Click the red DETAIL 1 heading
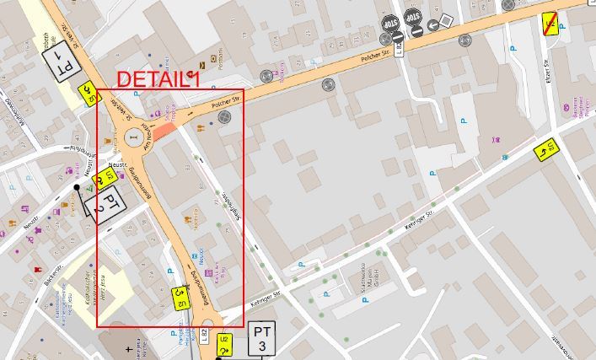[x=158, y=79]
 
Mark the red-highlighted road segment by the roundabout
[x=164, y=132]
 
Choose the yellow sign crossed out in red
[x=550, y=24]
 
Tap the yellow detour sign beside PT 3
[x=225, y=344]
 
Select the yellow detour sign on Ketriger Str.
[x=546, y=150]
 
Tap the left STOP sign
[x=390, y=23]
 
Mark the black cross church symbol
[x=128, y=347]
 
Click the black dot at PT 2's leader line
[x=77, y=187]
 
